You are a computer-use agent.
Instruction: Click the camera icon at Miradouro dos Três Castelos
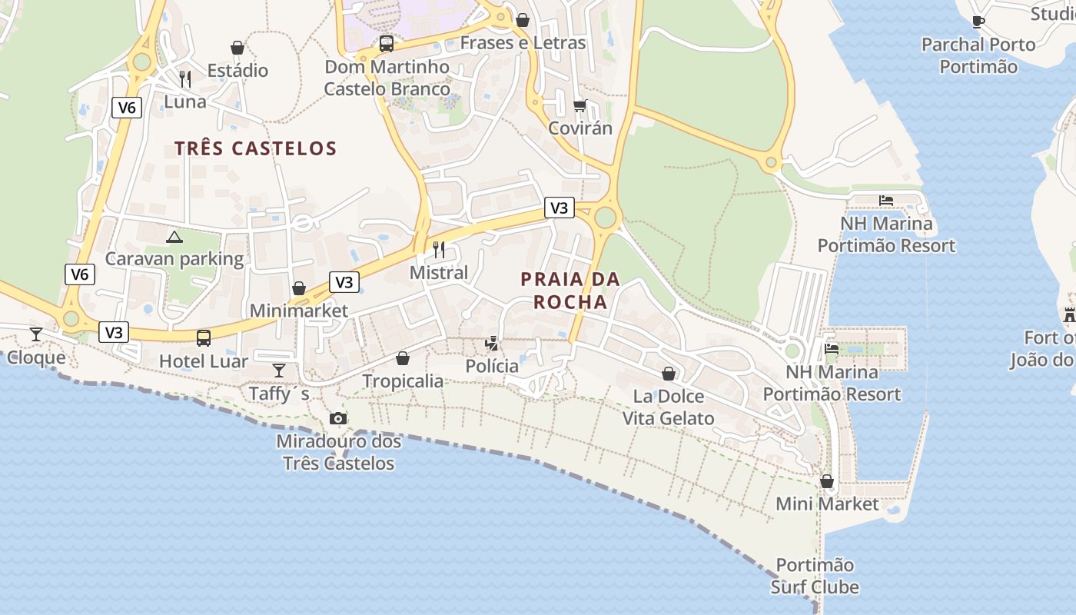pyautogui.click(x=337, y=419)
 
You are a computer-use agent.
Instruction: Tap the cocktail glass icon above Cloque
pyautogui.click(x=36, y=334)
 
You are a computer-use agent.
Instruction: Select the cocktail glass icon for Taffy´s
pyautogui.click(x=279, y=371)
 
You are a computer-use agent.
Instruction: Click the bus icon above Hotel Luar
pyautogui.click(x=204, y=337)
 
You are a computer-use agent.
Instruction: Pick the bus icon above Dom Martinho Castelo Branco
pyautogui.click(x=387, y=44)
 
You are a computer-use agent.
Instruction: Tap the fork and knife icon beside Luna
pyautogui.click(x=184, y=78)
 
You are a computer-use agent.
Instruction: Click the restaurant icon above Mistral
pyautogui.click(x=439, y=249)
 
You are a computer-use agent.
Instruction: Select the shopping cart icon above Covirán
pyautogui.click(x=580, y=105)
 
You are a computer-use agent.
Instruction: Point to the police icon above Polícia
pyautogui.click(x=492, y=343)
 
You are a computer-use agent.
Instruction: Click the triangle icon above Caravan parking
pyautogui.click(x=174, y=237)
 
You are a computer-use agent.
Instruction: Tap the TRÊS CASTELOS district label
pyautogui.click(x=255, y=148)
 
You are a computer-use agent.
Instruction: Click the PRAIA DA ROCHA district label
pyautogui.click(x=570, y=291)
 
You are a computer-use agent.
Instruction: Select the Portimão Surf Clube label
pyautogui.click(x=815, y=576)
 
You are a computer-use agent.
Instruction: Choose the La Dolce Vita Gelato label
pyautogui.click(x=668, y=407)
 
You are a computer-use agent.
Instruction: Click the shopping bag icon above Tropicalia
pyautogui.click(x=403, y=358)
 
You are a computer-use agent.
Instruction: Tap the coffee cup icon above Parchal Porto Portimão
pyautogui.click(x=978, y=22)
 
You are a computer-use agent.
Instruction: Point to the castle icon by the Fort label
pyautogui.click(x=1069, y=314)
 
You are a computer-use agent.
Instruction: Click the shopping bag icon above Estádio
pyautogui.click(x=237, y=48)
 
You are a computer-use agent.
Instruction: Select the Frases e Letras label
pyautogui.click(x=523, y=43)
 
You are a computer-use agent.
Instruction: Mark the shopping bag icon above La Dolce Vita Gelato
pyautogui.click(x=669, y=374)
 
